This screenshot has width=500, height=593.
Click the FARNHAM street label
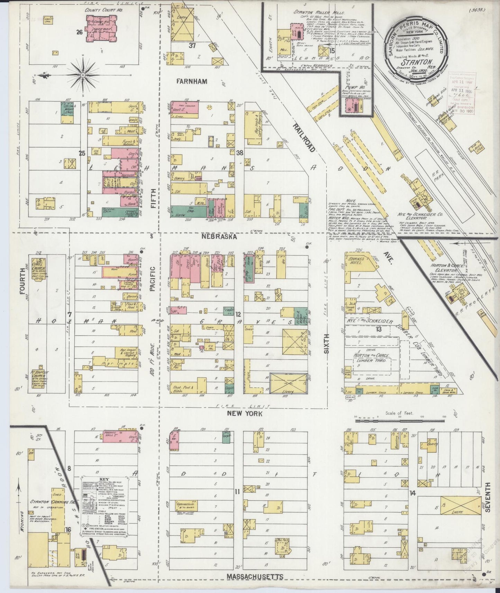coord(191,82)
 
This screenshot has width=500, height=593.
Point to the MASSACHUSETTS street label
coord(255,576)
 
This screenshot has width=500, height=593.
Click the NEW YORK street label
coord(245,413)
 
